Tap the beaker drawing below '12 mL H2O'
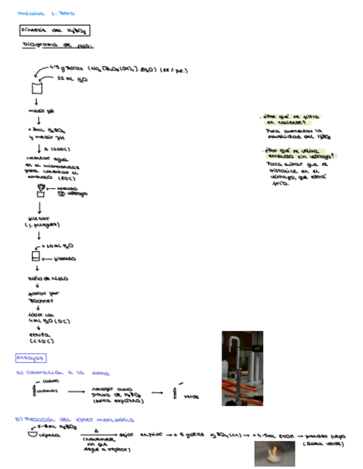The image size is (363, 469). tap(37, 88)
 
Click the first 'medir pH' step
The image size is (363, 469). tap(37, 111)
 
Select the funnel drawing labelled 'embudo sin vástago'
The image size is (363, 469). tap(40, 191)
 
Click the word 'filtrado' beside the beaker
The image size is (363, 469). tap(65, 258)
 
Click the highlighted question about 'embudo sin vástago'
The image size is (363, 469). tap(298, 153)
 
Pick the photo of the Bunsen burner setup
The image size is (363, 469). tap(242, 368)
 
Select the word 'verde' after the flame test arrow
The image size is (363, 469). tap(191, 396)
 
